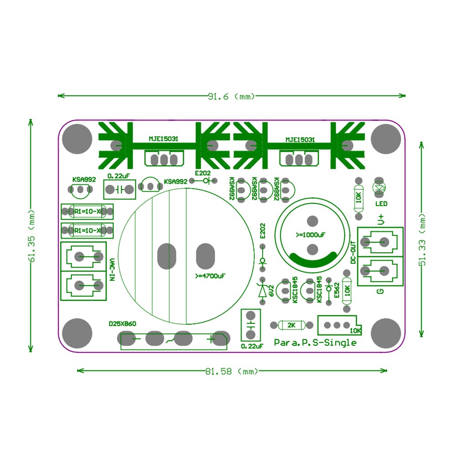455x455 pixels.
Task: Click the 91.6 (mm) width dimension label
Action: click(x=231, y=96)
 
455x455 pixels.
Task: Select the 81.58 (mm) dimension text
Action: click(x=232, y=371)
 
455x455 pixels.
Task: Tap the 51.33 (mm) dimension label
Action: click(x=422, y=240)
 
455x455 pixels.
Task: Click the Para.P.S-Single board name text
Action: click(x=315, y=343)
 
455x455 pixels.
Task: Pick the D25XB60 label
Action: click(x=122, y=324)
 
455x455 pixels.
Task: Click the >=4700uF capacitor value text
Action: click(x=210, y=276)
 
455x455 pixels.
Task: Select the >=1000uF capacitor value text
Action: click(x=310, y=235)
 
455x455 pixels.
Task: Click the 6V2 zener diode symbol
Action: click(x=262, y=291)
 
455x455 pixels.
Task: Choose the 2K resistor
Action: click(x=292, y=325)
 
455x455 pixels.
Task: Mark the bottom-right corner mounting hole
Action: click(x=386, y=333)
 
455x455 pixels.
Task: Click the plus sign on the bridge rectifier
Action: click(x=210, y=339)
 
